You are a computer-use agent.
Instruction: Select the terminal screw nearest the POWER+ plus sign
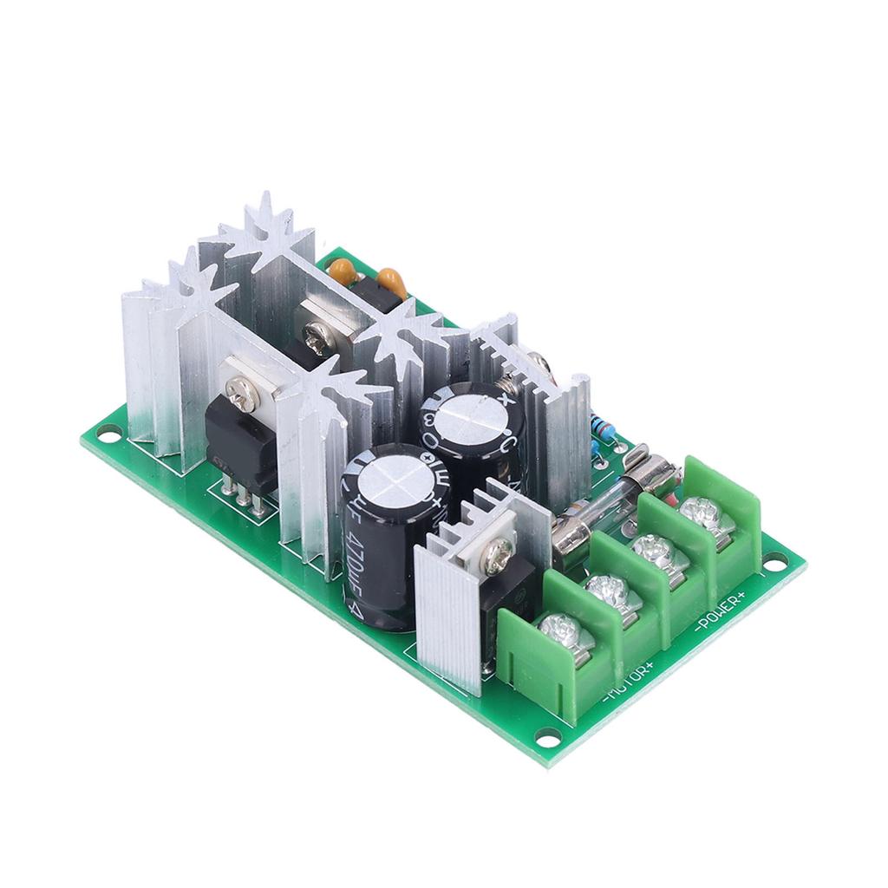pyautogui.click(x=700, y=511)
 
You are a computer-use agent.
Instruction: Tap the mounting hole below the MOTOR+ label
pyautogui.click(x=547, y=736)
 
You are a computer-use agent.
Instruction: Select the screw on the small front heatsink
pyautogui.click(x=497, y=556)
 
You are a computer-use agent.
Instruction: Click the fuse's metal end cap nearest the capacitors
pyautogui.click(x=566, y=530)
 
